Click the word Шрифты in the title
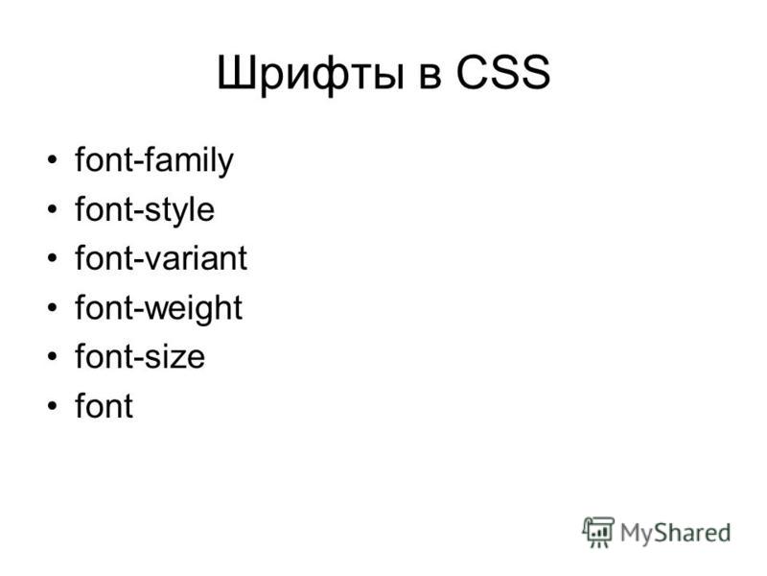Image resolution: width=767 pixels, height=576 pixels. (310, 75)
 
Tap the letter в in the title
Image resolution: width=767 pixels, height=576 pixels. (430, 78)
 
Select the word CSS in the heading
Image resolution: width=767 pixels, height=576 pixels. (503, 72)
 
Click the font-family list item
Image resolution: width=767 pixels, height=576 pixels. (154, 161)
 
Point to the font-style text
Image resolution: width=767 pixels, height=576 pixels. (145, 210)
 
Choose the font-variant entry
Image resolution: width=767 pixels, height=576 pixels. (161, 257)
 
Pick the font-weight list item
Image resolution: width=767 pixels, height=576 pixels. (158, 308)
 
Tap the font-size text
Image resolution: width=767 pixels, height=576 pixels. (140, 355)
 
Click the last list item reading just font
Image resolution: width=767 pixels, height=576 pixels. (104, 404)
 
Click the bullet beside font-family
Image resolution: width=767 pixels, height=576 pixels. (53, 160)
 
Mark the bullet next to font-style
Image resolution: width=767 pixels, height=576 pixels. (53, 209)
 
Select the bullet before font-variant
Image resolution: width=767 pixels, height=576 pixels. (53, 258)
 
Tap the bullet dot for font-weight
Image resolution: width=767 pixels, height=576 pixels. (53, 307)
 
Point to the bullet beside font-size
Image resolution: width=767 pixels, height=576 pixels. (53, 356)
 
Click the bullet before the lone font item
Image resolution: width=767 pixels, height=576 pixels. (53, 405)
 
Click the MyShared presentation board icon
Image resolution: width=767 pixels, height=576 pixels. (597, 532)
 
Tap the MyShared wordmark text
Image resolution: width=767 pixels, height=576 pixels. (675, 533)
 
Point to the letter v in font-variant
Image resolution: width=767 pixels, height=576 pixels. (153, 261)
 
